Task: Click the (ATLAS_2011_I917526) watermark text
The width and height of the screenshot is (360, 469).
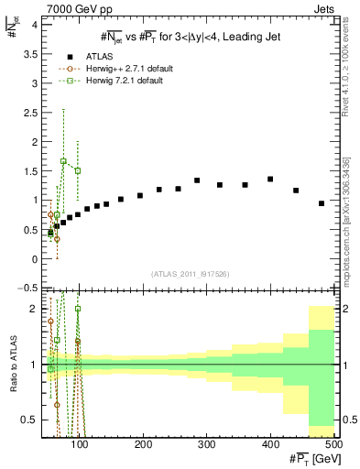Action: coord(191,273)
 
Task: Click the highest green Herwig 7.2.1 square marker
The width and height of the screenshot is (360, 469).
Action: coord(63,161)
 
